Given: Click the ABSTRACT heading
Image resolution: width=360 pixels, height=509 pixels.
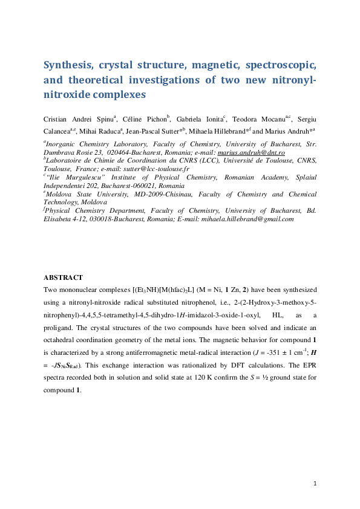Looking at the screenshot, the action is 63,277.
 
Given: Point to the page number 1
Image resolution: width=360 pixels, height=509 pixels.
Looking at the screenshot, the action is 316,483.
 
